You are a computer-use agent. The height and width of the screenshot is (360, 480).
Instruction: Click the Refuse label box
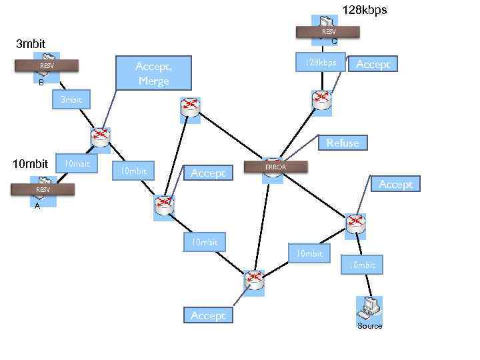click(x=343, y=143)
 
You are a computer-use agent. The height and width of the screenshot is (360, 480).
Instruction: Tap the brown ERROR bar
click(x=275, y=167)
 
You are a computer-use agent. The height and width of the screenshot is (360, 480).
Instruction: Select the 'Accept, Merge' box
click(x=153, y=73)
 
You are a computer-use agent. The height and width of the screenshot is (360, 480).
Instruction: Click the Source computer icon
click(x=369, y=308)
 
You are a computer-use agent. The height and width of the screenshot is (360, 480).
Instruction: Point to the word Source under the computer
click(x=369, y=326)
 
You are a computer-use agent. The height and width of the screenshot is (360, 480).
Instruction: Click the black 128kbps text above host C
click(x=364, y=10)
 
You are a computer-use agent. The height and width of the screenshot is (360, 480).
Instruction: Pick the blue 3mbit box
click(x=71, y=100)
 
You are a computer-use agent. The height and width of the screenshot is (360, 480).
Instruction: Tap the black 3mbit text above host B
click(x=30, y=44)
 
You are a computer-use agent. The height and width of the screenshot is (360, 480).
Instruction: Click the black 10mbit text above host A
click(x=30, y=163)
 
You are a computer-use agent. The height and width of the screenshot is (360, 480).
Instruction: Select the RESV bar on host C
click(x=329, y=31)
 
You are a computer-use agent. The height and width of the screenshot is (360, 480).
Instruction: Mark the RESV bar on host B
click(x=47, y=65)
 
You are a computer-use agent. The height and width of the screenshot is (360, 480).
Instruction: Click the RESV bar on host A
click(x=43, y=190)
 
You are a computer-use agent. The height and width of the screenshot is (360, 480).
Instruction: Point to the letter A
click(x=37, y=206)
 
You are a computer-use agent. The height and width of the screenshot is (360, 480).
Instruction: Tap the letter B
click(x=41, y=83)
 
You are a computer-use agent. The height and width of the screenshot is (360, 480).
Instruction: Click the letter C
click(x=335, y=42)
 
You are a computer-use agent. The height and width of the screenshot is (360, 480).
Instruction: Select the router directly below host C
click(x=322, y=100)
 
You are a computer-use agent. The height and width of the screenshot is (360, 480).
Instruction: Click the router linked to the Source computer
click(x=356, y=223)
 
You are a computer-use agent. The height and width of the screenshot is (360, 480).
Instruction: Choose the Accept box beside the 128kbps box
click(x=373, y=64)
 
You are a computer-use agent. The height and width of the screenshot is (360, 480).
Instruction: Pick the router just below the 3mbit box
click(x=100, y=137)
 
